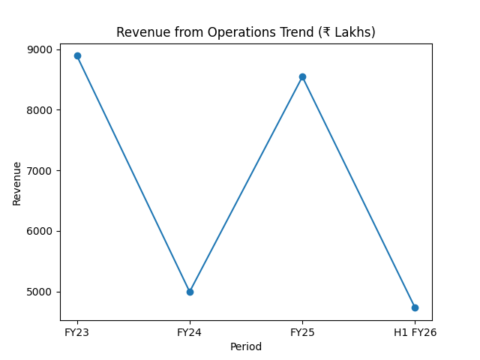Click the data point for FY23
[77, 55]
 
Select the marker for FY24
[190, 292]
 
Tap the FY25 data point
[302, 76]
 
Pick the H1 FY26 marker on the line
[415, 307]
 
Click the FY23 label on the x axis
[77, 332]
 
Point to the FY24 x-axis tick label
[190, 332]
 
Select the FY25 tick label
[302, 332]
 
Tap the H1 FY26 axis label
[415, 332]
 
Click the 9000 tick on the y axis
[41, 49]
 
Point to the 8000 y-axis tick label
[41, 110]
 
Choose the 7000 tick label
[41, 171]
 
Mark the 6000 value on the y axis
[41, 231]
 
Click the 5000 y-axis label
[41, 292]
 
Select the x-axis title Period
[246, 346]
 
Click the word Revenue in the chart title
[140, 32]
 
